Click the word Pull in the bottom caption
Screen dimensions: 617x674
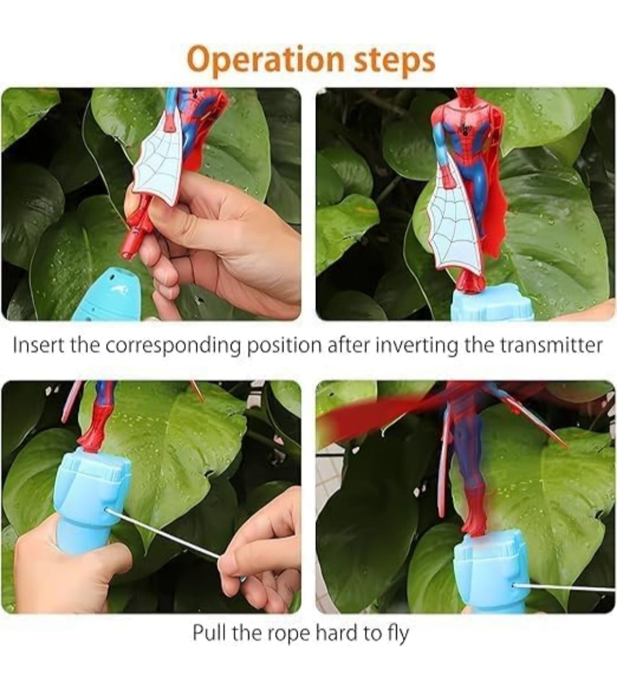coord(209,632)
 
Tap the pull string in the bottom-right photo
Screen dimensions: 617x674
coord(564,588)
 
